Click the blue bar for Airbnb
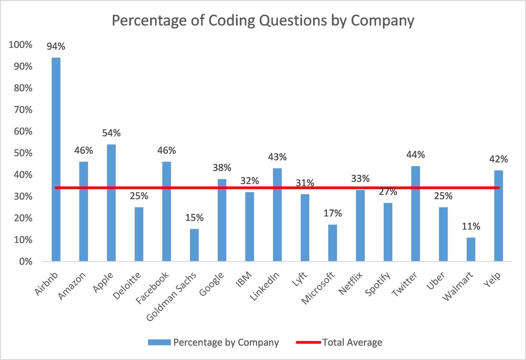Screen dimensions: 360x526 pyautogui.click(x=56, y=159)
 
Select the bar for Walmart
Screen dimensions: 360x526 pyautogui.click(x=471, y=249)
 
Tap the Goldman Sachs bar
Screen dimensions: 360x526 pyautogui.click(x=194, y=245)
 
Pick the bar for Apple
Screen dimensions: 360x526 pyautogui.click(x=111, y=203)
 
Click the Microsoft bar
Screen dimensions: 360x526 pyautogui.click(x=333, y=243)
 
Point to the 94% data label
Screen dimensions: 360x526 pyautogui.click(x=56, y=47)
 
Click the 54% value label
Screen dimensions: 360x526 pyautogui.click(x=111, y=133)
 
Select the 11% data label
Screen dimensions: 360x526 pyautogui.click(x=471, y=226)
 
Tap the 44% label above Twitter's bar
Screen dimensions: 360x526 pyautogui.click(x=416, y=155)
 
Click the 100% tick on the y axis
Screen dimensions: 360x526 pyautogui.click(x=20, y=45)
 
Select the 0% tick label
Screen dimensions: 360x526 pyautogui.click(x=26, y=262)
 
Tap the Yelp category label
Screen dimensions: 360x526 pyautogui.click(x=493, y=280)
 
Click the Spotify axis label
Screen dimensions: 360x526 pyautogui.click(x=378, y=284)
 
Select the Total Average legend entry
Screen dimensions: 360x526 pyautogui.click(x=352, y=343)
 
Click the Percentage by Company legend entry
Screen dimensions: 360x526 pyautogui.click(x=226, y=343)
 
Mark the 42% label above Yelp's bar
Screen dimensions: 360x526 pyautogui.click(x=498, y=159)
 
